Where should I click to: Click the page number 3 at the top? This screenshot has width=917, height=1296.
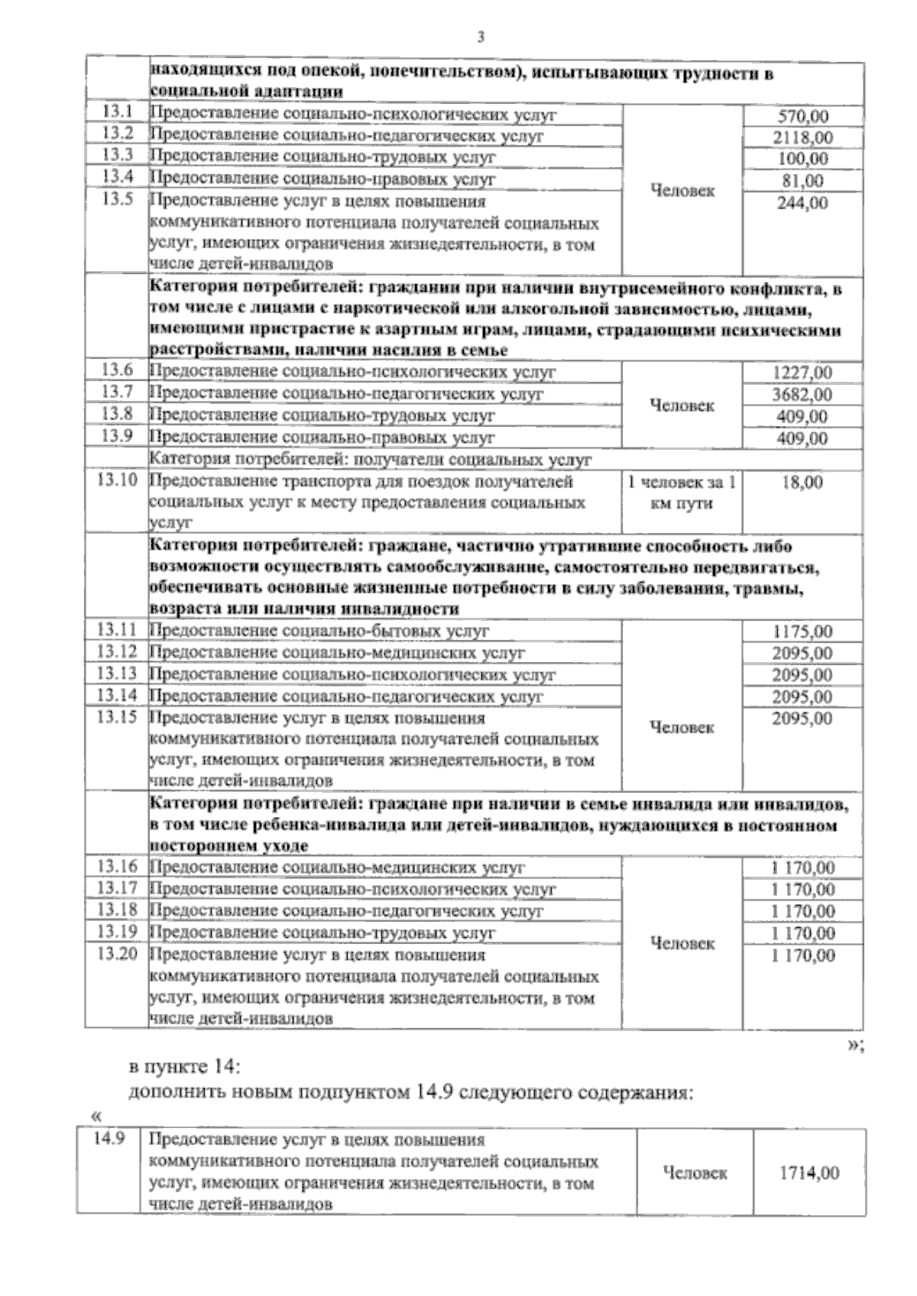tap(480, 36)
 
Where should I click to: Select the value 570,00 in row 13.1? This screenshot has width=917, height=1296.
tap(802, 117)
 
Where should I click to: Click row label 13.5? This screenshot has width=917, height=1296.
tap(117, 202)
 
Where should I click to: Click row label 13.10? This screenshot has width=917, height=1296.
tap(117, 481)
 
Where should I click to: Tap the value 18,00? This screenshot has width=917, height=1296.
tap(802, 483)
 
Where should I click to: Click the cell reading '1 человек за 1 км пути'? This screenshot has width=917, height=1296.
tap(682, 493)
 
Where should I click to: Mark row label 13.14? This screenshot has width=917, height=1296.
tap(117, 696)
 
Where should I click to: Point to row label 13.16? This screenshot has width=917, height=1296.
tap(117, 867)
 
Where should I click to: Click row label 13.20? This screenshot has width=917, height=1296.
tap(117, 954)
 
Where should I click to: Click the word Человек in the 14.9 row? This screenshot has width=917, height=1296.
tap(695, 1172)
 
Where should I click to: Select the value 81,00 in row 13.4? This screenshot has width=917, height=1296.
tap(802, 181)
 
